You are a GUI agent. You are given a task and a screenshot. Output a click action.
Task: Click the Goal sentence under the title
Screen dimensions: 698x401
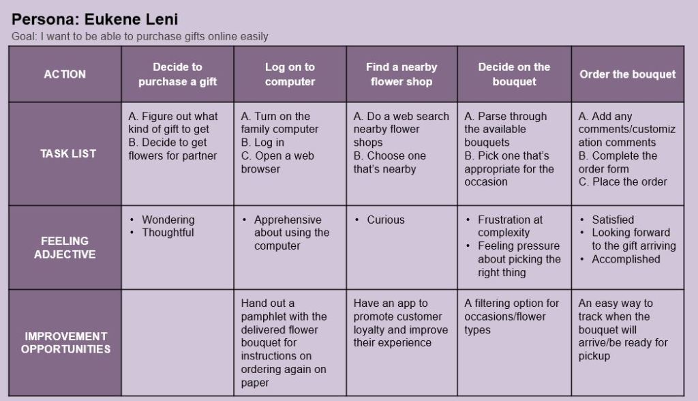[x=140, y=36]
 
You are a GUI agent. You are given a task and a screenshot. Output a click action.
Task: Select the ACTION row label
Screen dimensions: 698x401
[x=65, y=74]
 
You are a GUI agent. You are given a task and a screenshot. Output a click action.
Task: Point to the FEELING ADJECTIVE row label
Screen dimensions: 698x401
[x=65, y=248]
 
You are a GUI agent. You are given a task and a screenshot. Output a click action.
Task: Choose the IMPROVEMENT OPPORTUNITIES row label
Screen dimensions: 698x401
[x=65, y=342]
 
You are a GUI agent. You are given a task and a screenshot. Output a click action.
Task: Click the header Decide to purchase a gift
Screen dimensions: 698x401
[x=177, y=74]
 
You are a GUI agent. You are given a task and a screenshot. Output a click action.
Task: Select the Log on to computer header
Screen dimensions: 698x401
[x=290, y=74]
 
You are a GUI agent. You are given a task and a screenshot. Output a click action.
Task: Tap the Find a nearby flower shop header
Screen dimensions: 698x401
[x=401, y=74]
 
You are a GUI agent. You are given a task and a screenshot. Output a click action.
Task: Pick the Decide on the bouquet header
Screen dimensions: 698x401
[x=514, y=74]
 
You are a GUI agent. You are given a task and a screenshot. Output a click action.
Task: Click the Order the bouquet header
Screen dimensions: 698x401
[x=627, y=74]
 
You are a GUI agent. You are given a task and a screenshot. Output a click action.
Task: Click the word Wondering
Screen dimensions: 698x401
[x=168, y=220]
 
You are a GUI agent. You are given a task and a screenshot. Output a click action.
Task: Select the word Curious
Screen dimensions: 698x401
[x=385, y=220]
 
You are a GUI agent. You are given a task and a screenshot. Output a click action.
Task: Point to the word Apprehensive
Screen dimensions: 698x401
[x=288, y=220]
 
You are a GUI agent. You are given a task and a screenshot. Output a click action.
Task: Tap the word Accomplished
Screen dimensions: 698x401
[x=626, y=259]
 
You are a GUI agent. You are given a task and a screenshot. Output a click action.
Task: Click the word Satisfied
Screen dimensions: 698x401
[x=613, y=220]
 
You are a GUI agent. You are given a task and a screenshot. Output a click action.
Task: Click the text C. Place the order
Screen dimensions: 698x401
[x=622, y=181]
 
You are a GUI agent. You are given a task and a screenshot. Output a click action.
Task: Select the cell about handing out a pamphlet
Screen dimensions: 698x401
[x=284, y=342]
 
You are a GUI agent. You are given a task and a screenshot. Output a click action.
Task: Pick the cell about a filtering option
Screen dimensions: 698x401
[x=511, y=316]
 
